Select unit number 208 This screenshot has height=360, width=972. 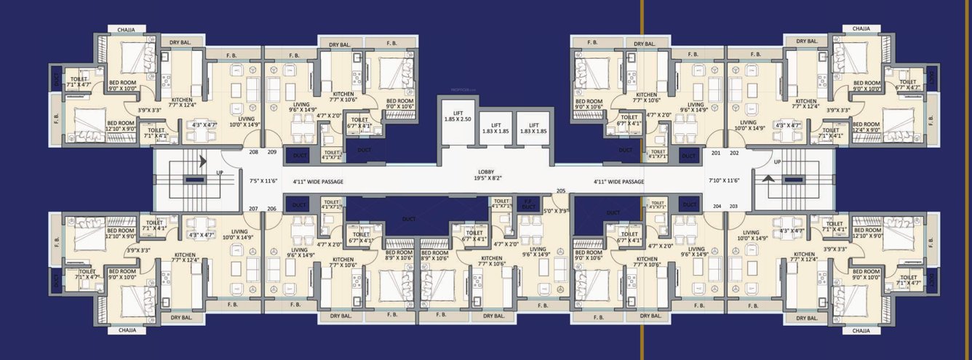[x=253, y=153]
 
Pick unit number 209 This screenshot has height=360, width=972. [x=271, y=153]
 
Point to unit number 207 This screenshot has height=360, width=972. [x=253, y=209]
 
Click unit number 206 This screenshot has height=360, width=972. [x=271, y=209]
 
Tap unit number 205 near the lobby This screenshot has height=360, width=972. [x=560, y=191]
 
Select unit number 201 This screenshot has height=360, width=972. [x=716, y=153]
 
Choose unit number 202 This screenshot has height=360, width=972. [x=734, y=153]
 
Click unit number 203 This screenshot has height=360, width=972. [x=733, y=207]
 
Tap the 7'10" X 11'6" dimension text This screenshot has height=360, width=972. [x=724, y=180]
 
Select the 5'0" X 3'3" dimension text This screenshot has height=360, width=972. [x=557, y=211]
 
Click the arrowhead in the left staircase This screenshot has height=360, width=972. [x=202, y=161]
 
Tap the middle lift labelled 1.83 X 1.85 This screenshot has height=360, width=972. [x=495, y=128]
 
